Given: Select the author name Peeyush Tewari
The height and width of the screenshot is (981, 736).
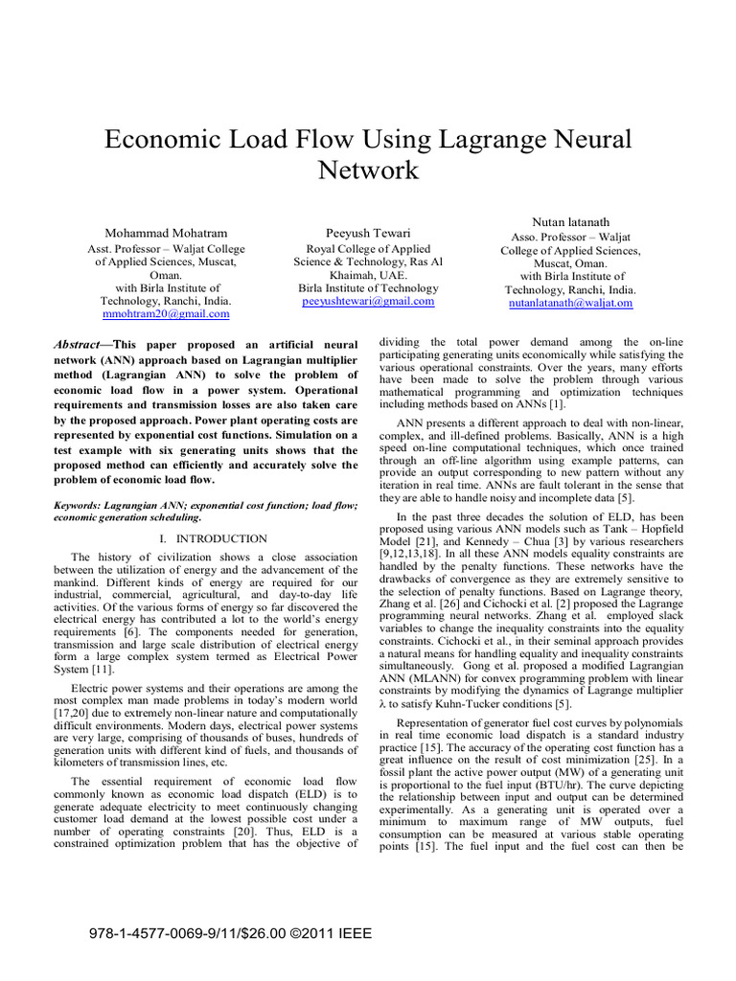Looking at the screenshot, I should pyautogui.click(x=368, y=233).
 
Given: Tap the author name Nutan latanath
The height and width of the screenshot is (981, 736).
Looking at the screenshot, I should pyautogui.click(x=570, y=221).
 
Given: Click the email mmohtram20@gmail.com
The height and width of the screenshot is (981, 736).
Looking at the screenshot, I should pyautogui.click(x=165, y=314).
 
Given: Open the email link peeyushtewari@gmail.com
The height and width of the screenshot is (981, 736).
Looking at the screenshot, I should pyautogui.click(x=368, y=301).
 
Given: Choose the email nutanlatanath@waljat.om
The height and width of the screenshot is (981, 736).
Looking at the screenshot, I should pyautogui.click(x=570, y=303).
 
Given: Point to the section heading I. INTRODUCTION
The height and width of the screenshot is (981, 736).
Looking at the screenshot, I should pyautogui.click(x=213, y=539).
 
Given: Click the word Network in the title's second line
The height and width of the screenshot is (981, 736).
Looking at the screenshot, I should pyautogui.click(x=368, y=171).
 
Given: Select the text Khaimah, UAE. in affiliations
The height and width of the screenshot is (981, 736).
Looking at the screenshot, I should pyautogui.click(x=368, y=274).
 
